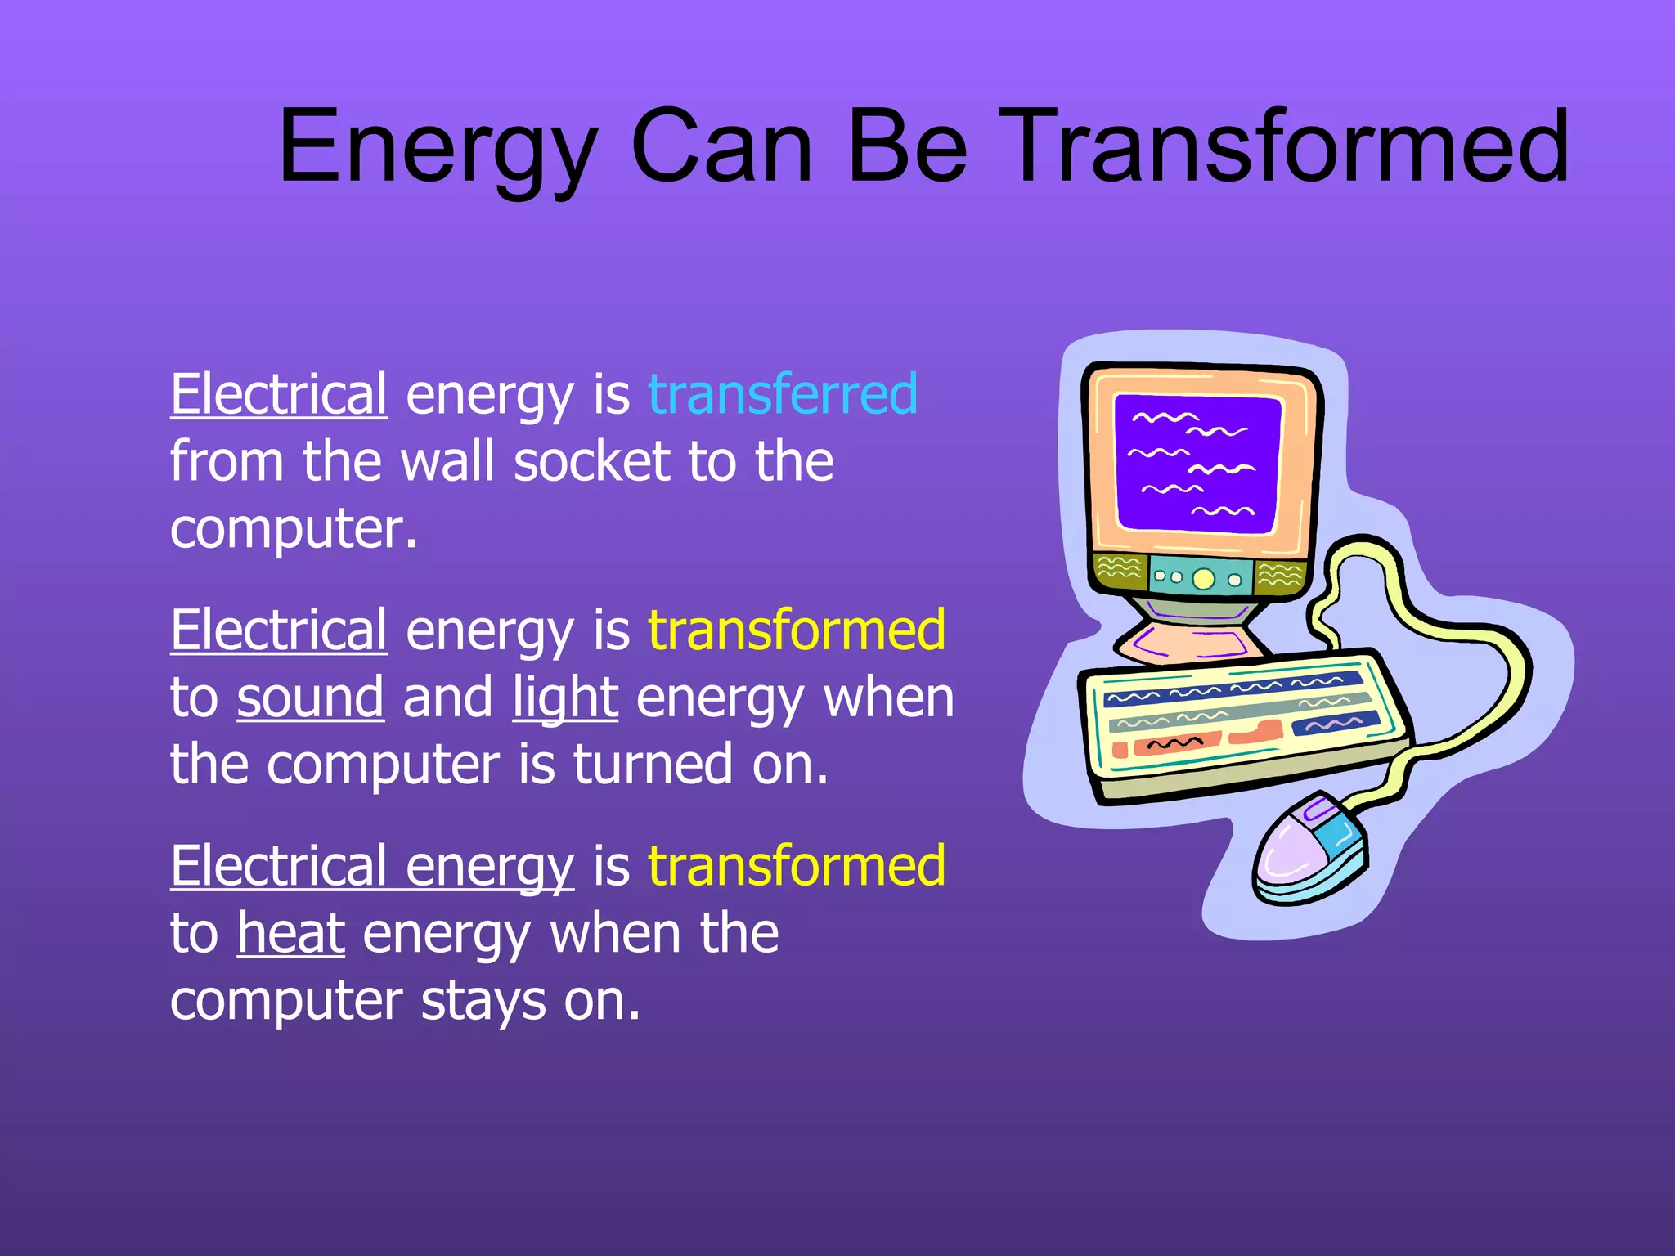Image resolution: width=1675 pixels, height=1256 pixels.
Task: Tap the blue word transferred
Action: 783,394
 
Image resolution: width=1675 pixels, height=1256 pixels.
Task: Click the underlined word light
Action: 565,699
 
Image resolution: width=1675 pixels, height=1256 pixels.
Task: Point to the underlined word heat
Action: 291,934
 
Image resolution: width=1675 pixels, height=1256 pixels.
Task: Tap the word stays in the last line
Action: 483,1002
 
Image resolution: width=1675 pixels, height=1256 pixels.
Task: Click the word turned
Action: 653,765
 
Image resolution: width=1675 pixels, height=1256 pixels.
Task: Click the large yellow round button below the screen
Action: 1203,579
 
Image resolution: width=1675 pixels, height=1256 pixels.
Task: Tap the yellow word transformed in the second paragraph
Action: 797,630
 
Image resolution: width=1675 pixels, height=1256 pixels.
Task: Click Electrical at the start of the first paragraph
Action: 279,394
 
